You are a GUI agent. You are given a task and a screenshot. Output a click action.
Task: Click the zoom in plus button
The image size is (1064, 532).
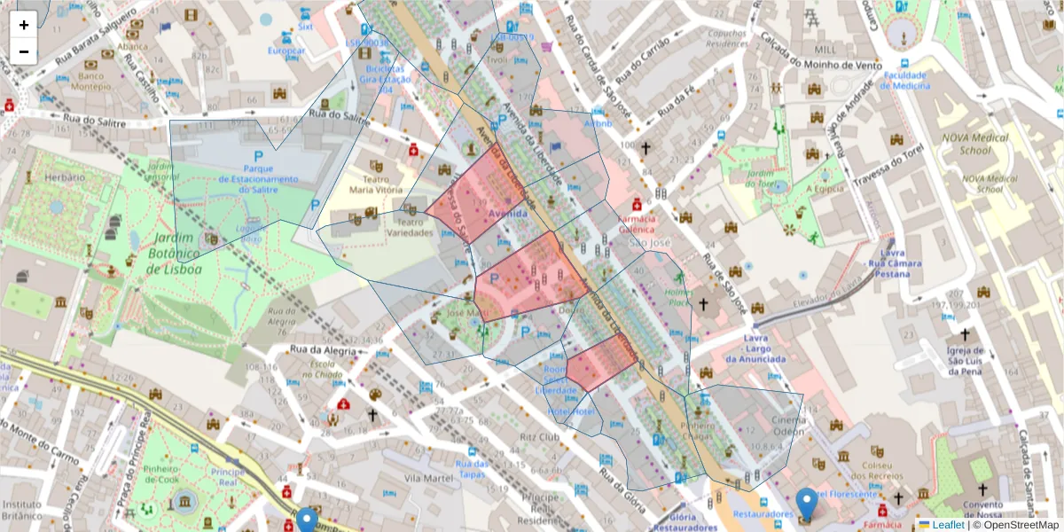pyautogui.click(x=24, y=25)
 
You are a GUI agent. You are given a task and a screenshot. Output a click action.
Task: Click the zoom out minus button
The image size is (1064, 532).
pyautogui.click(x=24, y=51)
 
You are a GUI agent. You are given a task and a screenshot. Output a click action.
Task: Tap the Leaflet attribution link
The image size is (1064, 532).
pyautogui.click(x=947, y=525)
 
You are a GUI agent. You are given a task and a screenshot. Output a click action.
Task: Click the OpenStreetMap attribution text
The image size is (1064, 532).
pyautogui.click(x=1019, y=525)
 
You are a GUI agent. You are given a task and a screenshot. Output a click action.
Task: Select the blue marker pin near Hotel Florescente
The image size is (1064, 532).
pyautogui.click(x=806, y=504)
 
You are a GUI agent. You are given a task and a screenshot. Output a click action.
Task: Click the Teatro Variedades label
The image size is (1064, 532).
pyautogui.click(x=414, y=228)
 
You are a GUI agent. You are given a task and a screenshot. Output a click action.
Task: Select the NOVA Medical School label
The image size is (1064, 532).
pyautogui.click(x=976, y=144)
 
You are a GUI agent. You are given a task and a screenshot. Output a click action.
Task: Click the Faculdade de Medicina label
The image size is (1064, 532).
pyautogui.click(x=905, y=81)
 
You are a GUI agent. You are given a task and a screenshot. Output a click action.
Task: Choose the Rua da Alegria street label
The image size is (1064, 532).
pyautogui.click(x=327, y=350)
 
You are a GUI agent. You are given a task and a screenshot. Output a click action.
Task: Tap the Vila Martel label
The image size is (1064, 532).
pyautogui.click(x=424, y=478)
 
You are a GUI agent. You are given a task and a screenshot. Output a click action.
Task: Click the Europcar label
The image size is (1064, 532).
pyautogui.click(x=286, y=51)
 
